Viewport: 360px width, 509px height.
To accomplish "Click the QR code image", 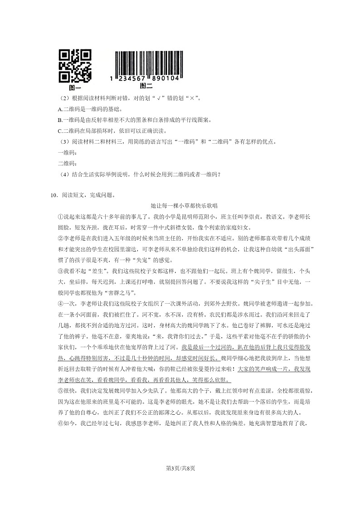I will click(75, 66).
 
